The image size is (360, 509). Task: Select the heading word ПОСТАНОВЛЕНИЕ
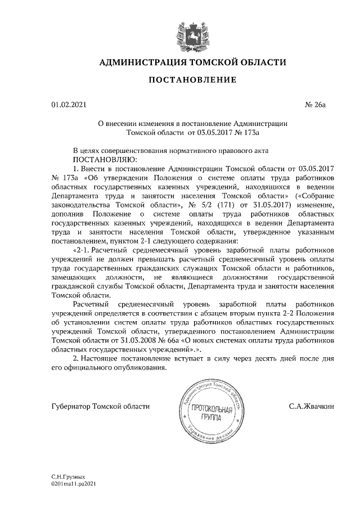pyautogui.click(x=192, y=80)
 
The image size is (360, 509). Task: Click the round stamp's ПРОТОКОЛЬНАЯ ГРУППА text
pyautogui.click(x=210, y=413)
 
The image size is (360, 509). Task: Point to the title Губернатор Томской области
pyautogui.click(x=101, y=406)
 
